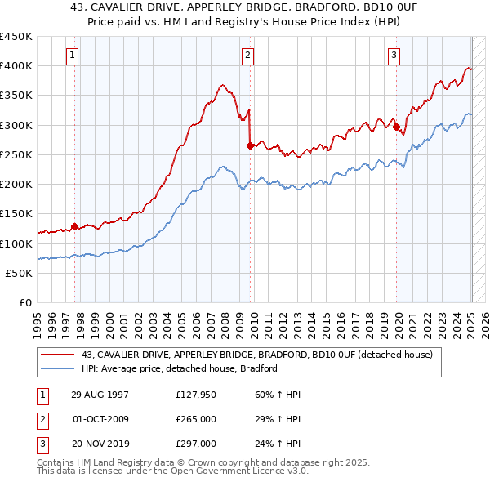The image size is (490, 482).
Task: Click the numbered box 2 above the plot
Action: (247, 56)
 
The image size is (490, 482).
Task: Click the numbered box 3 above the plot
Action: (394, 56)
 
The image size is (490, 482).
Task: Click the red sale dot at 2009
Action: (251, 145)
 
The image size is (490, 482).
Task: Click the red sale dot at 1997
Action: (74, 226)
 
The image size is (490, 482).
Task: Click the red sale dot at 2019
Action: (396, 127)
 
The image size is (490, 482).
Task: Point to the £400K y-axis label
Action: (16, 65)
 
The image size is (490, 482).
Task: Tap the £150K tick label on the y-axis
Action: (16, 213)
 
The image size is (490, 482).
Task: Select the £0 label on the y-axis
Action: (24, 302)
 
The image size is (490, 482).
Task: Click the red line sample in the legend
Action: (58, 355)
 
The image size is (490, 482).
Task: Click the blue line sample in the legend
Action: (58, 368)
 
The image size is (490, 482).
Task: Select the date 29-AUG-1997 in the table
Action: (100, 395)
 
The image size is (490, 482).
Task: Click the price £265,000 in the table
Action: (197, 420)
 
